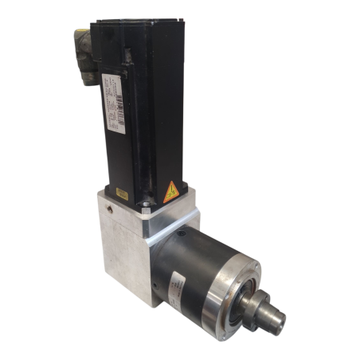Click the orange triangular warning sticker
click(x=170, y=192)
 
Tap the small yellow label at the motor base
click(x=123, y=194)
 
